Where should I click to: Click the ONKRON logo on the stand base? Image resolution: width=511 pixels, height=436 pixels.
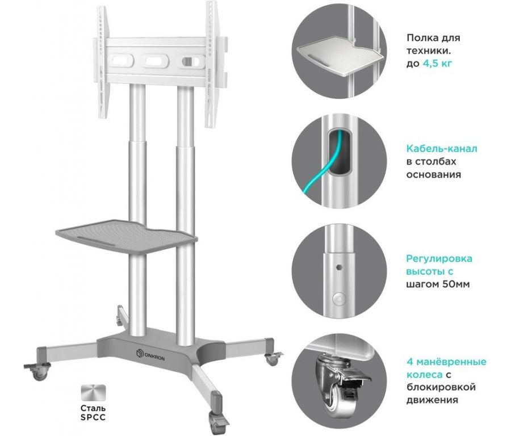pyautogui.click(x=150, y=355)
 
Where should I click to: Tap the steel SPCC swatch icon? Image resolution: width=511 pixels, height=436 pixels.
pyautogui.click(x=93, y=393)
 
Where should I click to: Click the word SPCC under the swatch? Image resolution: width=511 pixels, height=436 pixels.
pyautogui.click(x=93, y=417)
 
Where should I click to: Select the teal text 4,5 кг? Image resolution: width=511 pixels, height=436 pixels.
pyautogui.click(x=437, y=64)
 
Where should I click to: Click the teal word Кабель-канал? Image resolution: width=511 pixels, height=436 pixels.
pyautogui.click(x=442, y=149)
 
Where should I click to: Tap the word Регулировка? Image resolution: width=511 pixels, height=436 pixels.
pyautogui.click(x=439, y=259)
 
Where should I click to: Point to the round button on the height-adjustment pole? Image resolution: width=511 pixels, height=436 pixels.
pyautogui.click(x=338, y=298)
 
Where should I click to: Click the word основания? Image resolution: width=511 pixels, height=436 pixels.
pyautogui.click(x=433, y=174)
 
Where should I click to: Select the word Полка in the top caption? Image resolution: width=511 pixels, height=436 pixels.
pyautogui.click(x=421, y=38)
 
